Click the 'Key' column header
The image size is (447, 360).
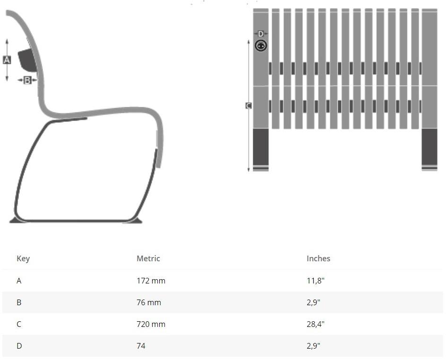coord(23,258)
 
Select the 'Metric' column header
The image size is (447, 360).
coord(148,258)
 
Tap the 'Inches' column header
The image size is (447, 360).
coord(318,258)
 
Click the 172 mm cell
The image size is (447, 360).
coord(151,281)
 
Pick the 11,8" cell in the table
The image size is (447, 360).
coord(316,281)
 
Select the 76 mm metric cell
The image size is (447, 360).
coord(149,302)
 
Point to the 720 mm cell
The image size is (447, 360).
coord(151,324)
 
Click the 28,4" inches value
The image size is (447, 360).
coord(316,324)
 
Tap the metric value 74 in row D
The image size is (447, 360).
coord(141,346)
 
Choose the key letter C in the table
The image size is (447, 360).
coord(19,324)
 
